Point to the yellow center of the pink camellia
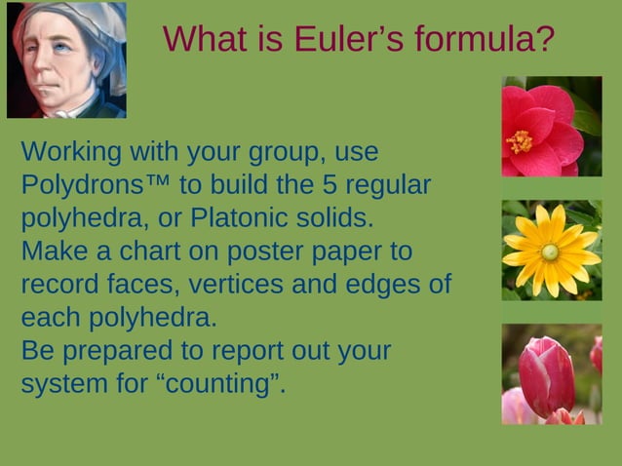tap(520, 141)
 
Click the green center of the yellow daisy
tap(551, 252)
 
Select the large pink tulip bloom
tap(545, 375)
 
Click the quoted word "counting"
tap(220, 384)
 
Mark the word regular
tap(386, 185)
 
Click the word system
tap(59, 384)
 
